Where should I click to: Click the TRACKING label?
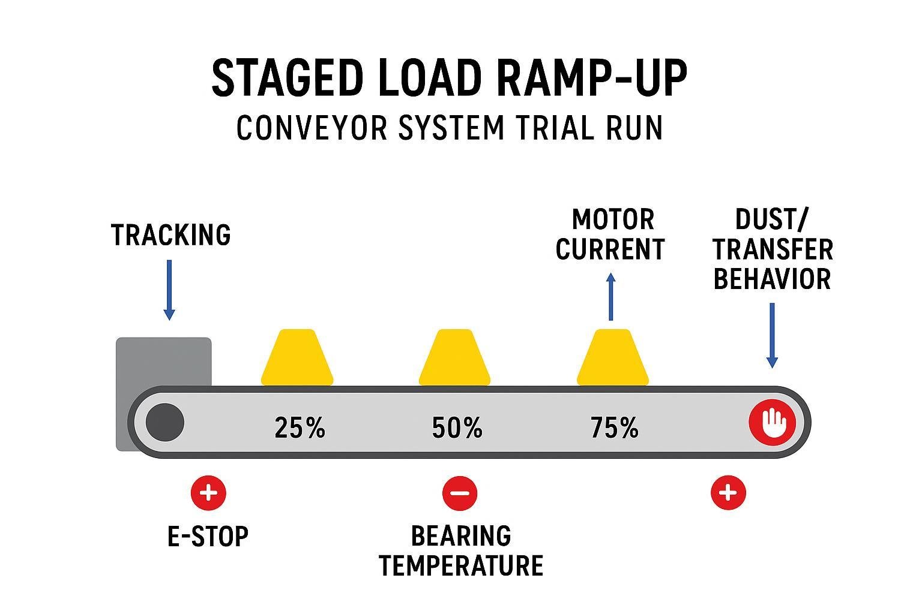click(x=171, y=235)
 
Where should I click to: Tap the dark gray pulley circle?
click(x=165, y=422)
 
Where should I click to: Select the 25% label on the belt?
click(x=300, y=428)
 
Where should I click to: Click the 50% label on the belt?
click(x=457, y=428)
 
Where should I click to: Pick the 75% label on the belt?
click(x=614, y=428)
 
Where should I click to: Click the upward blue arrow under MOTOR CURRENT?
click(x=611, y=296)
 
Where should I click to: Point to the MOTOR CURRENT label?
click(x=610, y=234)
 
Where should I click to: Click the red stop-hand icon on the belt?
click(x=772, y=422)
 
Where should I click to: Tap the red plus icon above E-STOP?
click(x=208, y=493)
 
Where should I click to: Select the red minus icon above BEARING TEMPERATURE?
click(x=460, y=493)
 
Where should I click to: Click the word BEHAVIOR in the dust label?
click(x=772, y=279)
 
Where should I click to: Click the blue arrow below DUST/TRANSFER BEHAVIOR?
click(x=773, y=335)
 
